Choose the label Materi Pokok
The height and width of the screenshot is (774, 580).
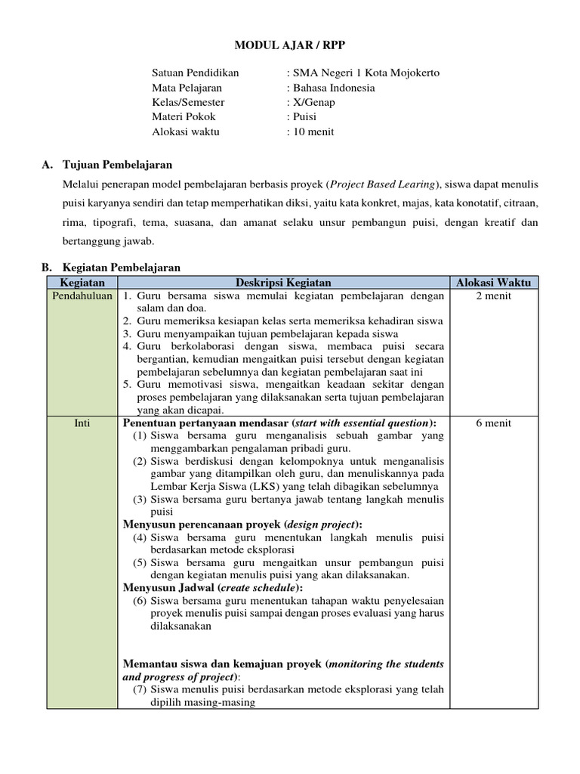click(184, 116)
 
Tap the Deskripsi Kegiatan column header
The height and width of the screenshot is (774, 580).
click(283, 283)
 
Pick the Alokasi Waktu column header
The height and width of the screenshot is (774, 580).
click(493, 283)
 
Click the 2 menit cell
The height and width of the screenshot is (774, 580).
click(493, 296)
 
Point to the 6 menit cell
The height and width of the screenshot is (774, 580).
click(493, 423)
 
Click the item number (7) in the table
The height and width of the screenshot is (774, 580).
click(140, 689)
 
